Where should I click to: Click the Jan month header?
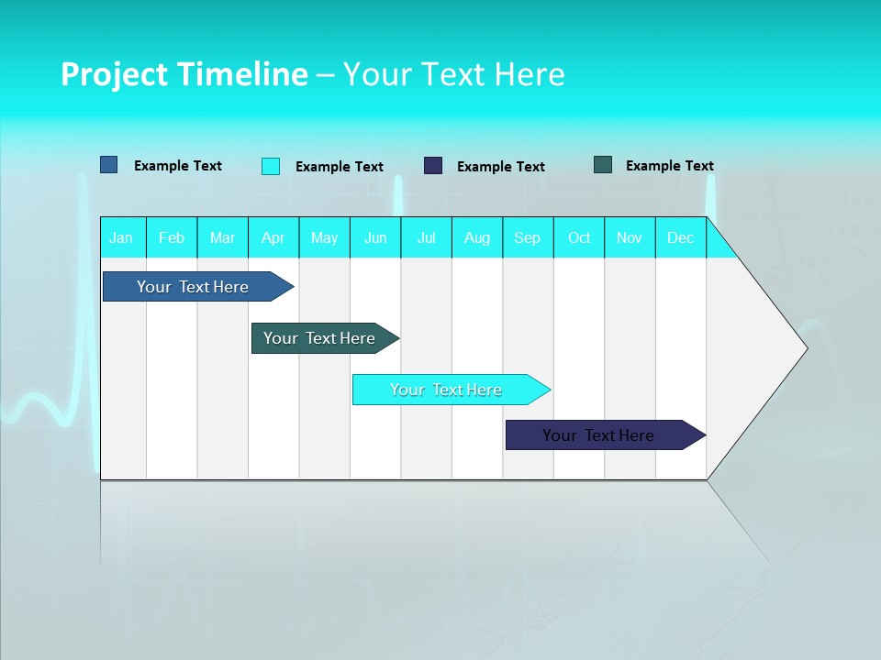(x=121, y=237)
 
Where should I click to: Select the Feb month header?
(x=172, y=237)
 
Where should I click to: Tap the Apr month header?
(x=273, y=237)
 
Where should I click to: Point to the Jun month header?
(x=375, y=237)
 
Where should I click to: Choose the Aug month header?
(x=476, y=237)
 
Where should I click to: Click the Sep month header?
(x=527, y=237)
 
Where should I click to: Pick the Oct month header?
(x=579, y=237)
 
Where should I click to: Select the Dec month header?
(x=680, y=237)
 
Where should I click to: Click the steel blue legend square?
(x=109, y=165)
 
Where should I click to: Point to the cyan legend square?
(x=271, y=166)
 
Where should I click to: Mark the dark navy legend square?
(x=433, y=166)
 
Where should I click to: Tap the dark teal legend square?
(x=603, y=165)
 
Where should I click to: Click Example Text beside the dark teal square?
(x=669, y=166)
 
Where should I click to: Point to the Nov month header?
(x=630, y=237)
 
